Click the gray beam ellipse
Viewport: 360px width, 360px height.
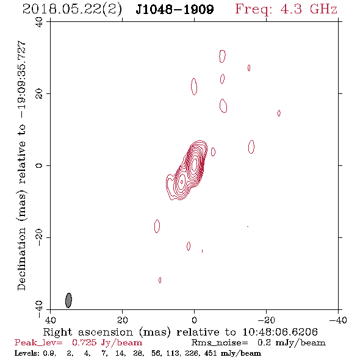tap(68, 300)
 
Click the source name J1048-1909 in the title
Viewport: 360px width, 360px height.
tap(175, 10)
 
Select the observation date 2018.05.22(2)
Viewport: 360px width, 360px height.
tap(73, 10)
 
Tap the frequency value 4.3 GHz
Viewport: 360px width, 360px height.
tap(309, 9)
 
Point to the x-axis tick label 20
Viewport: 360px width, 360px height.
tap(122, 320)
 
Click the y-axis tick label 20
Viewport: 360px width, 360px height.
tap(39, 94)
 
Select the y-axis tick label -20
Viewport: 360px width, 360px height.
tap(39, 237)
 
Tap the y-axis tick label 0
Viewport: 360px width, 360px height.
tap(39, 165)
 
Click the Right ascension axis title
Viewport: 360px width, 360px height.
tap(181, 332)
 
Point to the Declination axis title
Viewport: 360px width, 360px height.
tap(21, 165)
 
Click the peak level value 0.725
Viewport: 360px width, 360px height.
tap(84, 343)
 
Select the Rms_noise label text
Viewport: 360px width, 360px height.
tap(220, 343)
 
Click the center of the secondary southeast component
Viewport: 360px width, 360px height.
tap(182, 182)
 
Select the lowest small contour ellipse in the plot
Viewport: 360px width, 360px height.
tap(159, 280)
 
